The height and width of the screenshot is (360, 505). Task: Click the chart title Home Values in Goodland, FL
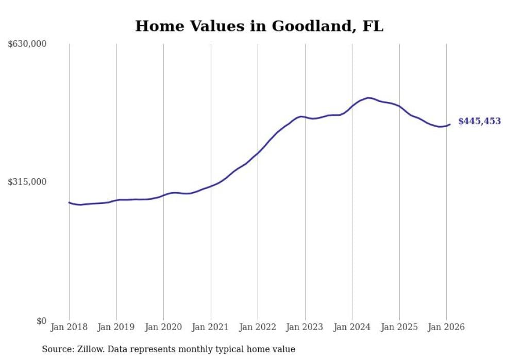(259, 26)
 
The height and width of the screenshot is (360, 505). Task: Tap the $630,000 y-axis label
(27, 44)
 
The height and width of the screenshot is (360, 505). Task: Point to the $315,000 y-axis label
(27, 182)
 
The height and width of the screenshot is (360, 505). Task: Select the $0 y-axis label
(41, 321)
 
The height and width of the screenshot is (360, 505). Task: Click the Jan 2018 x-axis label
(69, 327)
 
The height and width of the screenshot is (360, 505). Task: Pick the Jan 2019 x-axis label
(116, 327)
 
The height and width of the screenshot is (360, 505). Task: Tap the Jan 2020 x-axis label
(163, 327)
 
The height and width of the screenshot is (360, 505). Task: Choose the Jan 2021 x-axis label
(211, 327)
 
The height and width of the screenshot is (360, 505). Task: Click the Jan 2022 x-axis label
(258, 327)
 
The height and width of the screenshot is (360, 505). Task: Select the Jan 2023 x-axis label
(305, 327)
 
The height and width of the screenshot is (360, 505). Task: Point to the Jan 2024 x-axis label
(352, 327)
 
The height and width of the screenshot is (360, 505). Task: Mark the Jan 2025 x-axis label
(399, 327)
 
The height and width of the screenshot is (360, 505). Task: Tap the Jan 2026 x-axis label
(446, 327)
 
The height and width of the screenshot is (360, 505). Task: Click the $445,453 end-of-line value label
(479, 122)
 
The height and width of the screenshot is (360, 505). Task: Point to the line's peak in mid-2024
(368, 97)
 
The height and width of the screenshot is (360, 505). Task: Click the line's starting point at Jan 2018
(70, 202)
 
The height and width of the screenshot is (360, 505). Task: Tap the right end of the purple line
(450, 124)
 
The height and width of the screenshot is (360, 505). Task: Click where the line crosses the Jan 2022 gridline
(258, 152)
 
